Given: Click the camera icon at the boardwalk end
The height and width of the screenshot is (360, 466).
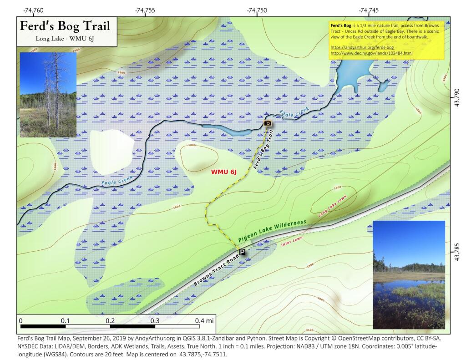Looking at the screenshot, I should (x=268, y=123).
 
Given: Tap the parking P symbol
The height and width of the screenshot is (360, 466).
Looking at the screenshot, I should (x=242, y=252).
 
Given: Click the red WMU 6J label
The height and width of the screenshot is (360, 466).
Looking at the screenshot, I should (x=223, y=172).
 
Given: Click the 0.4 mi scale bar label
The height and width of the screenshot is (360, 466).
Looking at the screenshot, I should (x=203, y=320).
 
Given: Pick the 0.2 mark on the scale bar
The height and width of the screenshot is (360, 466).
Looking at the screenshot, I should (x=110, y=320).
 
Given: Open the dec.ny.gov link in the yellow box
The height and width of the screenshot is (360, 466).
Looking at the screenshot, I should (x=371, y=53).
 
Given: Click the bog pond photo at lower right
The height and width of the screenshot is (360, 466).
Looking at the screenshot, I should (x=409, y=274).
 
